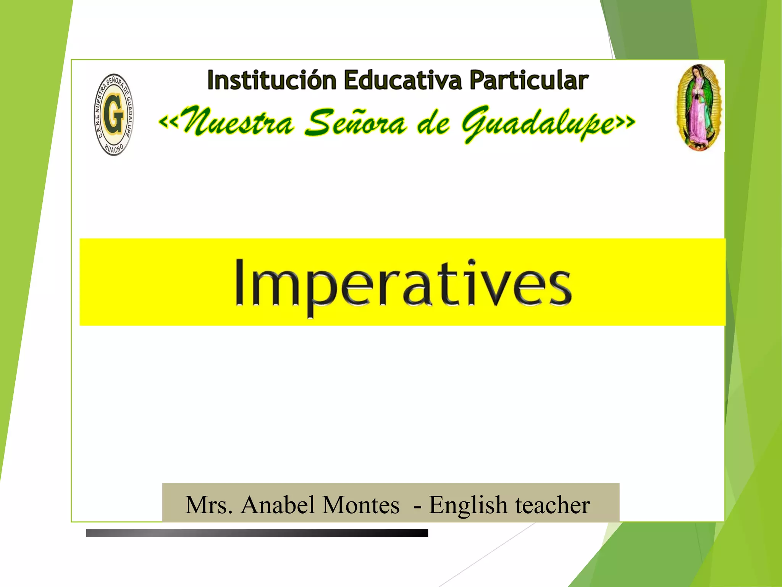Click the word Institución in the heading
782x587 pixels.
[x=271, y=80]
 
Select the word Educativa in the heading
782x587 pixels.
[x=403, y=80]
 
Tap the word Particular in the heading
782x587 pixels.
[x=529, y=81]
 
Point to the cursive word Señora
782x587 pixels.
[x=355, y=122]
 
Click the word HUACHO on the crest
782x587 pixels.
[x=114, y=149]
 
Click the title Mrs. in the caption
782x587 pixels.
[x=209, y=505]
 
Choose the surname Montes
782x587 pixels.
[x=361, y=505]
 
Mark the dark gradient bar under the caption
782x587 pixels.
[x=257, y=533]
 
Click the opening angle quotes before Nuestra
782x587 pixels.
[x=168, y=122]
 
